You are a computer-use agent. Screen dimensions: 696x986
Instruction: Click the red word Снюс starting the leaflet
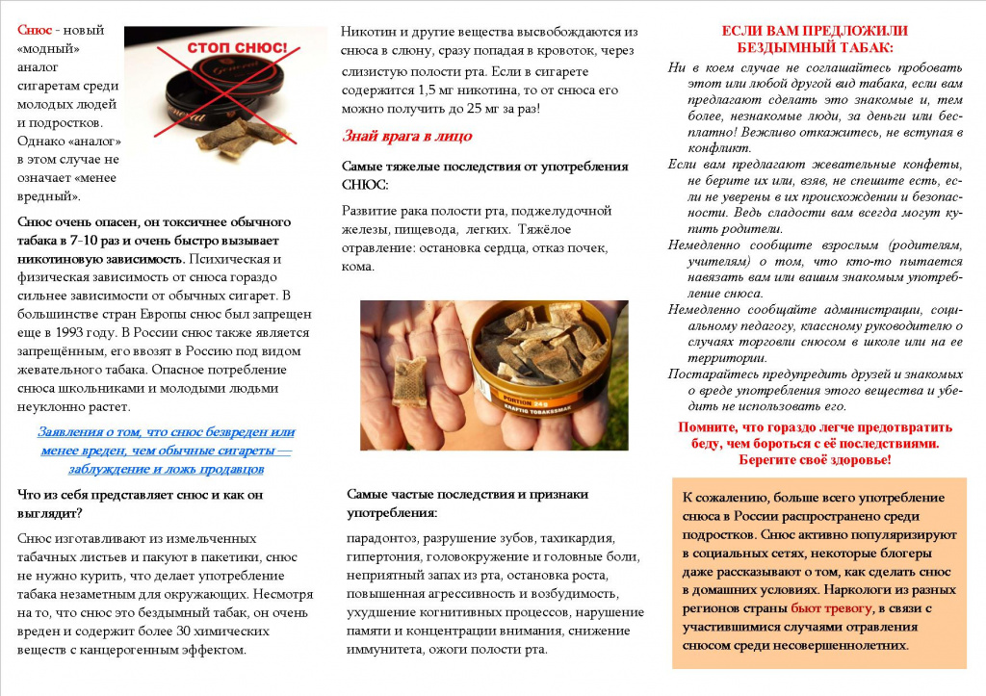[x=36, y=30]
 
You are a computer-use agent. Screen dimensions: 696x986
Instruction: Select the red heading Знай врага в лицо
[x=407, y=136]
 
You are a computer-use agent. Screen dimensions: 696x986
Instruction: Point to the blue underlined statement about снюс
[x=166, y=451]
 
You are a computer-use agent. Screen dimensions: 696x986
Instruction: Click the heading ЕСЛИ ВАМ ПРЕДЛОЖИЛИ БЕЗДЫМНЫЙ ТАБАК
[x=815, y=39]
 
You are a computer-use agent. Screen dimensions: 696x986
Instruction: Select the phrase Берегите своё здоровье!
[x=815, y=460]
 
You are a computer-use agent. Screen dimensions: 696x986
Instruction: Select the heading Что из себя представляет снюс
[x=140, y=503]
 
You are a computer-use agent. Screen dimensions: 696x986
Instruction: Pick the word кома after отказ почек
[x=358, y=267]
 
